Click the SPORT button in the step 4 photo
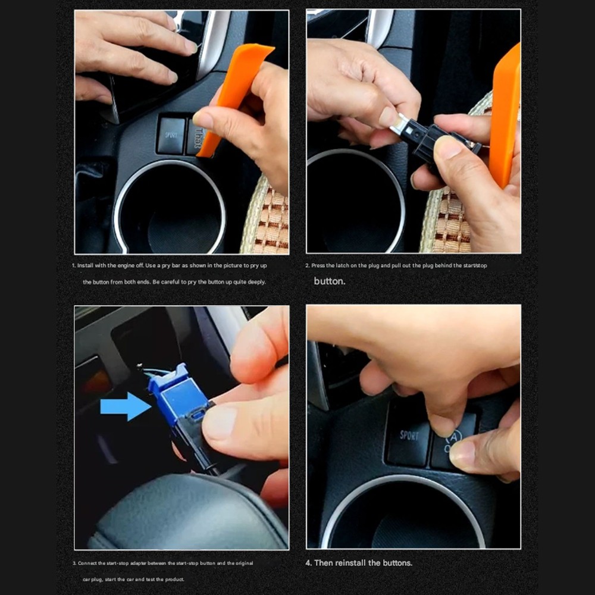[409, 436]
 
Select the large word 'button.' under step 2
[329, 281]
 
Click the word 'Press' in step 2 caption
[319, 265]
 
